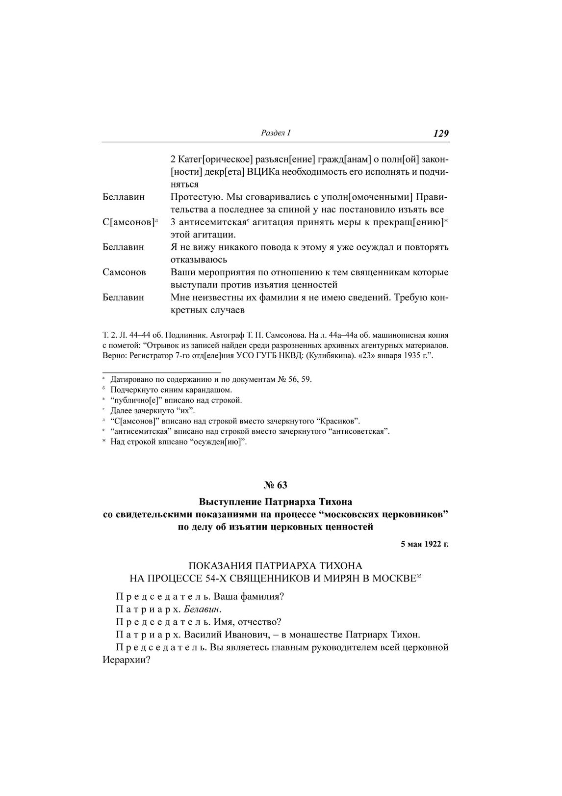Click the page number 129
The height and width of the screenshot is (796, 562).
441,133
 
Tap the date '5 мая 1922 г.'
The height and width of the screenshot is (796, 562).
425,544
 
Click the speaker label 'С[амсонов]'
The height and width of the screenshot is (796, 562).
128,222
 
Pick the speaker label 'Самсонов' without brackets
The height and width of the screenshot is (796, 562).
124,272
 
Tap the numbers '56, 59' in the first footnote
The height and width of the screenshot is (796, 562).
300,379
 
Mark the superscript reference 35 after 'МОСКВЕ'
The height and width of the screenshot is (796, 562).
419,576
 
